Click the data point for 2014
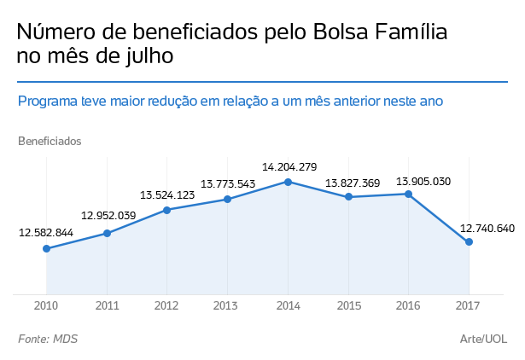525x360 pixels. coord(289,182)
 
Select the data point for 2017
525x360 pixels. coord(469,242)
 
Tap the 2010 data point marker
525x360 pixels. coord(47,248)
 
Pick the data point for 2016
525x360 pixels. coord(409,194)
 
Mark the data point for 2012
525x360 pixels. coord(167,210)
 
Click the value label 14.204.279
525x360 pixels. coord(289,166)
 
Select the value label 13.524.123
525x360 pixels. coord(167,195)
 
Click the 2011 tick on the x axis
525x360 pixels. coord(107,305)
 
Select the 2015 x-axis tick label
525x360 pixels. coord(348,305)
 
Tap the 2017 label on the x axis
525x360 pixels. coord(469,305)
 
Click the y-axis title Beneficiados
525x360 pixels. coord(50,141)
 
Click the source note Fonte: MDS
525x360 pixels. coord(48,340)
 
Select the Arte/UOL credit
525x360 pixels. coord(483,340)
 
